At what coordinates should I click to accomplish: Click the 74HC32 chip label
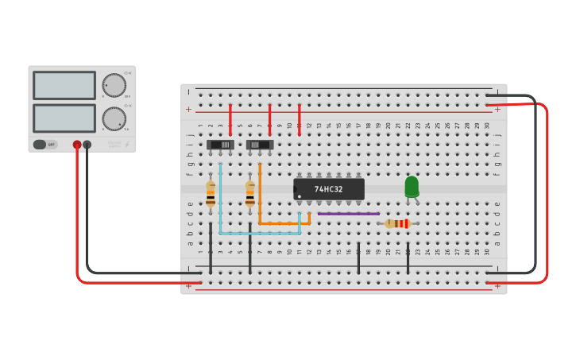(x=328, y=189)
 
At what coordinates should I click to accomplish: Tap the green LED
(x=412, y=186)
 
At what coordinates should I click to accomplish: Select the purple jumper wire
(x=348, y=214)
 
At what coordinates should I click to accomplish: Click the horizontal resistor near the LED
(x=397, y=224)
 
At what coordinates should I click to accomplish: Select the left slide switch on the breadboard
(x=220, y=145)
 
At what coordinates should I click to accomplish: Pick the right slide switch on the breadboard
(x=260, y=145)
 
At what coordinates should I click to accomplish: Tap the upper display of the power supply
(x=64, y=85)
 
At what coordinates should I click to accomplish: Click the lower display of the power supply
(x=64, y=118)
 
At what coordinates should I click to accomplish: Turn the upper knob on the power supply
(x=114, y=85)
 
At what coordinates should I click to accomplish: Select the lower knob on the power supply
(x=114, y=118)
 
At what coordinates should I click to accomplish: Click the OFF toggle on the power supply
(x=44, y=145)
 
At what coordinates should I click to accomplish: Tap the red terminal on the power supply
(x=77, y=145)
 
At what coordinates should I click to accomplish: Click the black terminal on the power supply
(x=87, y=145)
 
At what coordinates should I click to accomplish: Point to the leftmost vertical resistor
(x=211, y=194)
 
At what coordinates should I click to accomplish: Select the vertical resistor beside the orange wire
(x=249, y=194)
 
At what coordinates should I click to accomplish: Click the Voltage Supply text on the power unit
(x=115, y=145)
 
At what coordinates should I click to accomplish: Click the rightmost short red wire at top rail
(x=299, y=115)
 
